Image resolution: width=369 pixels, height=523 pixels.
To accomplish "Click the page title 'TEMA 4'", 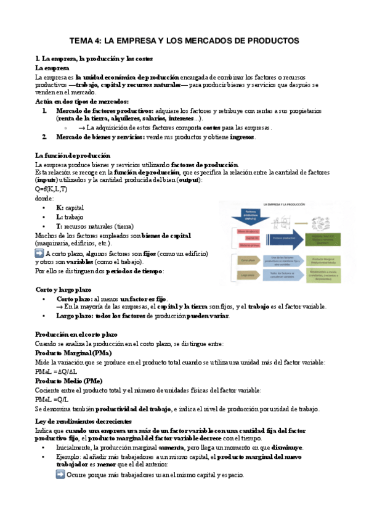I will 184,41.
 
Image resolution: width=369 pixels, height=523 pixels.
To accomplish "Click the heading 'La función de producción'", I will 73,155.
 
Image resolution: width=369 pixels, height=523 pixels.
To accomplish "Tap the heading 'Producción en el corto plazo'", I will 76,334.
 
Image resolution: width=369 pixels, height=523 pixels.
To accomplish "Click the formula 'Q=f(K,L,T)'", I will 52,189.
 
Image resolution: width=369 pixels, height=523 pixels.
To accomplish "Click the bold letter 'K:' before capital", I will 60,208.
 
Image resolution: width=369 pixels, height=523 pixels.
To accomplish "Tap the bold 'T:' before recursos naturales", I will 59,226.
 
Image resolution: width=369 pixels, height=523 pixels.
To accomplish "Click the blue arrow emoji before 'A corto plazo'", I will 39,253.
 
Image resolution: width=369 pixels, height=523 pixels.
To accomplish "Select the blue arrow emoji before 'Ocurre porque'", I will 60,474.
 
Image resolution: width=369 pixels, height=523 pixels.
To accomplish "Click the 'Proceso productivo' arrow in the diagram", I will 284,237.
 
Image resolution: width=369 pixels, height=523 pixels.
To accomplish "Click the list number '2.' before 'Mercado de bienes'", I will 44,137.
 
